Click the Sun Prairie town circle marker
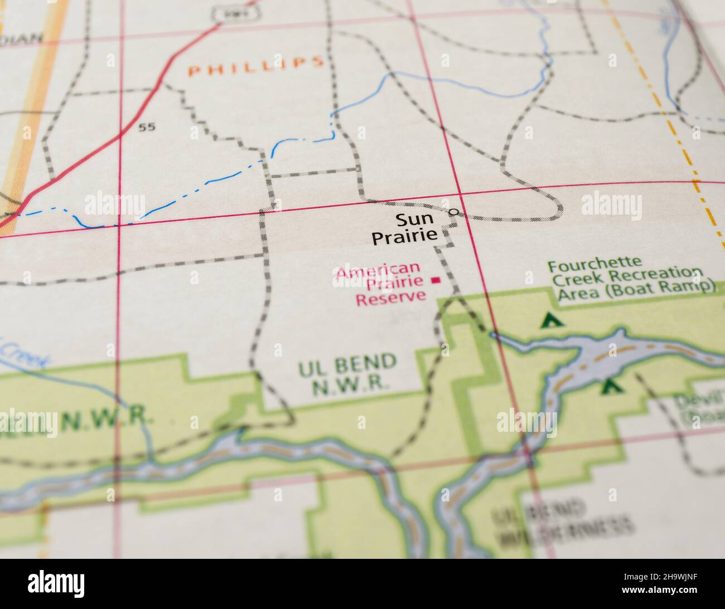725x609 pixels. tap(455, 212)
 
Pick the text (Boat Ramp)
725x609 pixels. tap(675, 287)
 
